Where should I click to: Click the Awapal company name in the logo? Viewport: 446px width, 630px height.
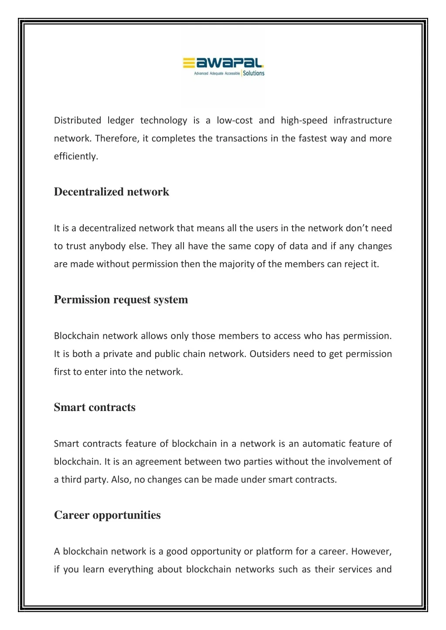(x=230, y=64)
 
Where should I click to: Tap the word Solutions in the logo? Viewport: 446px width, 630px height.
(x=254, y=73)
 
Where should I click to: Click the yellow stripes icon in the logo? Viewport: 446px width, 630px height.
(x=188, y=64)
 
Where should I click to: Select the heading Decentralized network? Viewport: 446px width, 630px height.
(x=111, y=192)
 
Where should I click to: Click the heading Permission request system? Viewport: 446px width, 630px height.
(x=121, y=300)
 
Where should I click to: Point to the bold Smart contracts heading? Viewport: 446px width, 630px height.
(x=95, y=408)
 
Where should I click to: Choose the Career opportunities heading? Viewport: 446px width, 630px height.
(x=107, y=515)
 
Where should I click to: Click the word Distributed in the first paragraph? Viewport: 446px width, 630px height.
(x=77, y=121)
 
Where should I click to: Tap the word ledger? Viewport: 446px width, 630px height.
(x=120, y=121)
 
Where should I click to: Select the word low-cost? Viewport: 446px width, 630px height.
(x=235, y=121)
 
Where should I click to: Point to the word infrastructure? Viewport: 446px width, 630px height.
(x=363, y=121)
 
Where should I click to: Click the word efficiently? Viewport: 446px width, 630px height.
(x=76, y=156)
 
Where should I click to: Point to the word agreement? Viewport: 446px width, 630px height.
(x=157, y=462)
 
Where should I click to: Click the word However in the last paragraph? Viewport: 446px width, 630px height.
(x=371, y=552)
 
